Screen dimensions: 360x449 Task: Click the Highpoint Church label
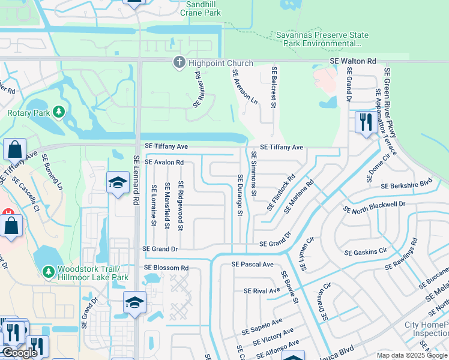[220, 62]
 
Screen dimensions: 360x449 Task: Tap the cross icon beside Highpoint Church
[178, 62]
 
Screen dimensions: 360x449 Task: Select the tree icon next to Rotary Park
[58, 112]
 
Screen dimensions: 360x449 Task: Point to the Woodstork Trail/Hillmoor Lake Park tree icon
[48, 272]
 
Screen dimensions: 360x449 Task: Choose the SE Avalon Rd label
[164, 162]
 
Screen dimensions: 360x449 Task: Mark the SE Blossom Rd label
[166, 268]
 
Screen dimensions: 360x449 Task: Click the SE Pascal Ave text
[252, 264]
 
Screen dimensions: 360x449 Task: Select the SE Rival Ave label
[262, 290]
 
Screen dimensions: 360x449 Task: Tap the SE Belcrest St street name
[273, 88]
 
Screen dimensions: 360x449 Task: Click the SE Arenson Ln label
[245, 87]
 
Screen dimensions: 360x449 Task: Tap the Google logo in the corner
[20, 353]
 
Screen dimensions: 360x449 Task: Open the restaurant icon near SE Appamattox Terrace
[365, 122]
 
